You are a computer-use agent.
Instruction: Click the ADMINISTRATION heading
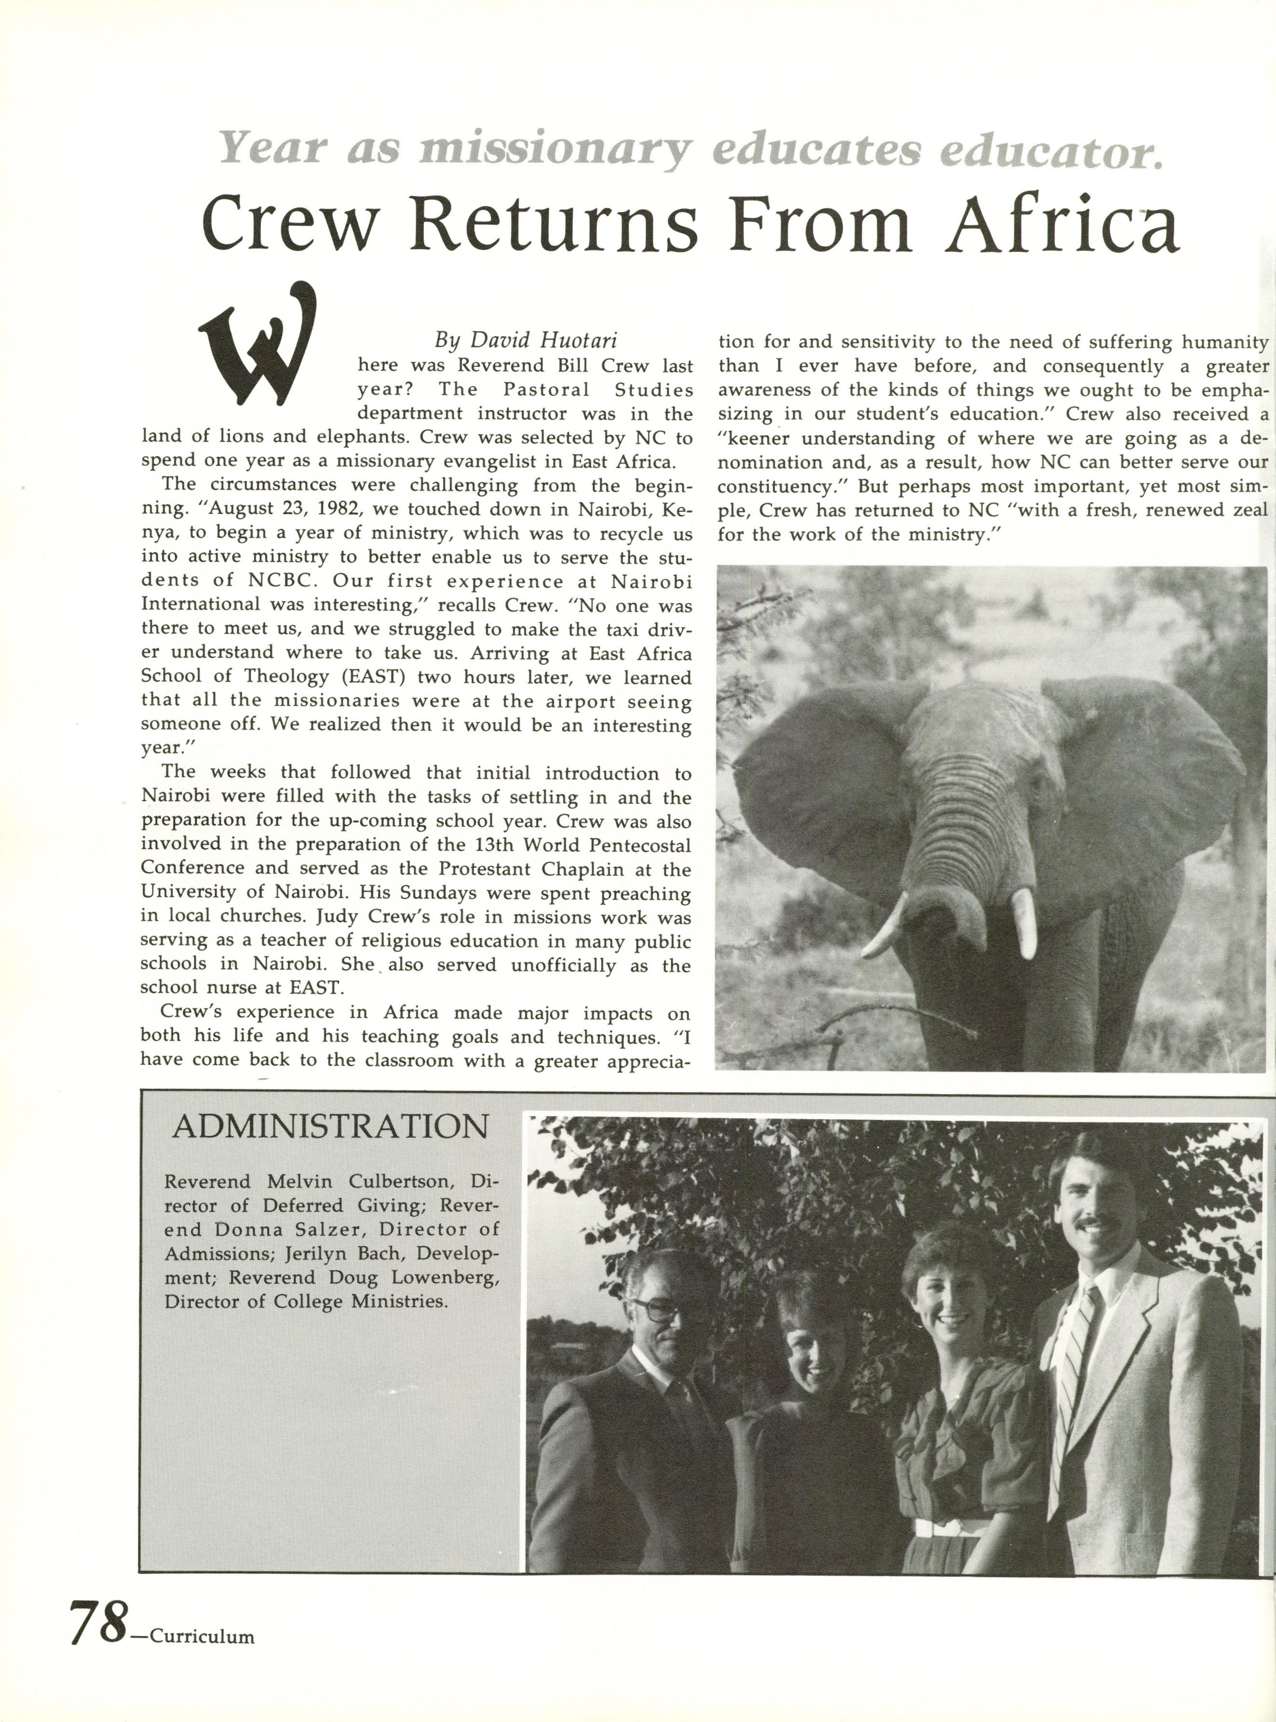pos(331,1127)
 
